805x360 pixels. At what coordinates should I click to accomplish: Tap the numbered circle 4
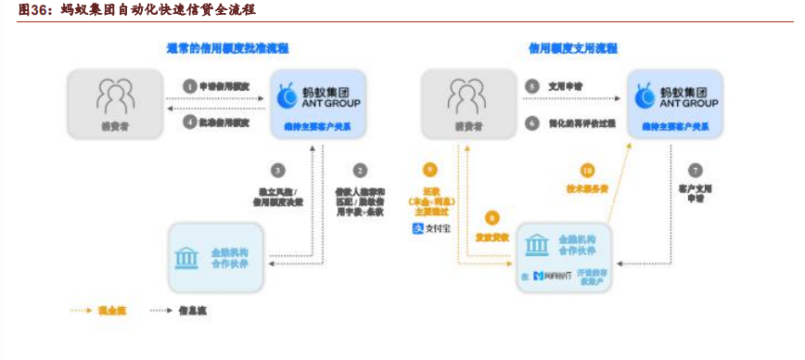click(x=190, y=122)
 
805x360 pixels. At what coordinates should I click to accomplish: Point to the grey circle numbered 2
click(x=360, y=170)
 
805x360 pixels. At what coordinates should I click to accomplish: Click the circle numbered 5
click(x=532, y=86)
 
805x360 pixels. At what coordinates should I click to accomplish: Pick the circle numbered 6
click(x=532, y=122)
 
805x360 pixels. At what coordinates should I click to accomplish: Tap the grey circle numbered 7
click(x=696, y=170)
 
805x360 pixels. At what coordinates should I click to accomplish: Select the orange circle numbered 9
click(x=428, y=170)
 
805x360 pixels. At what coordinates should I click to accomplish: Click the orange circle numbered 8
click(x=492, y=218)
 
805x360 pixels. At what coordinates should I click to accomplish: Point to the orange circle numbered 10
click(x=586, y=170)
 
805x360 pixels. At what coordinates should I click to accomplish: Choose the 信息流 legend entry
click(x=176, y=311)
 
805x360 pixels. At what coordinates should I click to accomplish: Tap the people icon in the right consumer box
click(x=466, y=95)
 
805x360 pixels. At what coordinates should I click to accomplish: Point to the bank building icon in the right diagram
click(x=536, y=245)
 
